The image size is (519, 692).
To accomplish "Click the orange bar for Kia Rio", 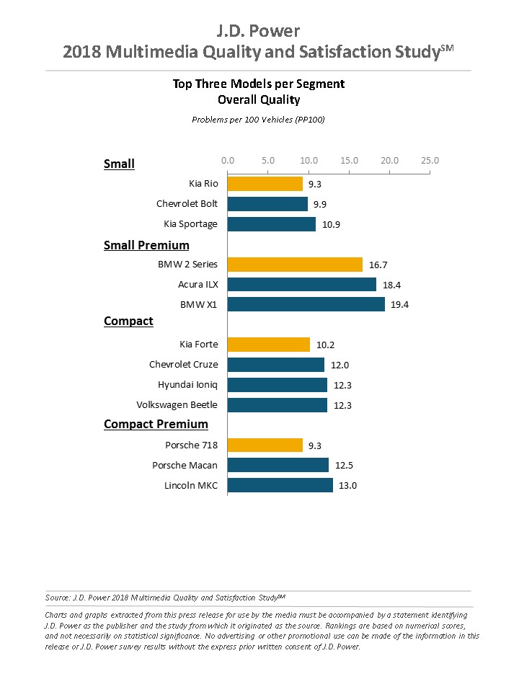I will click(265, 184).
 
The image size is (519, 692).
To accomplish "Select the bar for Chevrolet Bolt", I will click(267, 204).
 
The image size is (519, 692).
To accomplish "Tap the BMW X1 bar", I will click(306, 304).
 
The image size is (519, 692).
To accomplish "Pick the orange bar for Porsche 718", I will click(265, 445).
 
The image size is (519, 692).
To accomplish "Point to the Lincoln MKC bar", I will click(280, 485).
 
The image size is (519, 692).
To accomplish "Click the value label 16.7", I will click(378, 265).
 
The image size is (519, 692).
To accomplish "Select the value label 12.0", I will click(340, 365).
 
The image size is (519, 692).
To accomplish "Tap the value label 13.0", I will click(348, 485).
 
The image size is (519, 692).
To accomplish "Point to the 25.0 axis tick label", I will click(430, 161).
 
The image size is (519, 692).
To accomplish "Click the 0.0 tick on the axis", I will click(228, 161).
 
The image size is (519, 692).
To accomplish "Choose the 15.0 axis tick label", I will click(349, 161).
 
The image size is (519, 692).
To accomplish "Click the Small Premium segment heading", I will click(146, 245).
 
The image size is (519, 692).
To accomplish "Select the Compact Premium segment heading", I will click(156, 424).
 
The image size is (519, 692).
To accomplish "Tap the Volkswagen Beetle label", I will click(177, 405).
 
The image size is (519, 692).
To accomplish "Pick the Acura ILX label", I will click(198, 285).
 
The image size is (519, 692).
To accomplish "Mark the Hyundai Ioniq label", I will click(187, 385).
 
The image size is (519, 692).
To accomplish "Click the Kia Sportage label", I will click(190, 224).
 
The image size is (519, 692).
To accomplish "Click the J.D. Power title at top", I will click(259, 31).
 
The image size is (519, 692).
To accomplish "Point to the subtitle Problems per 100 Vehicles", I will click(258, 119).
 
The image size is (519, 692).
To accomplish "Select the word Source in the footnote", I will click(58, 597).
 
